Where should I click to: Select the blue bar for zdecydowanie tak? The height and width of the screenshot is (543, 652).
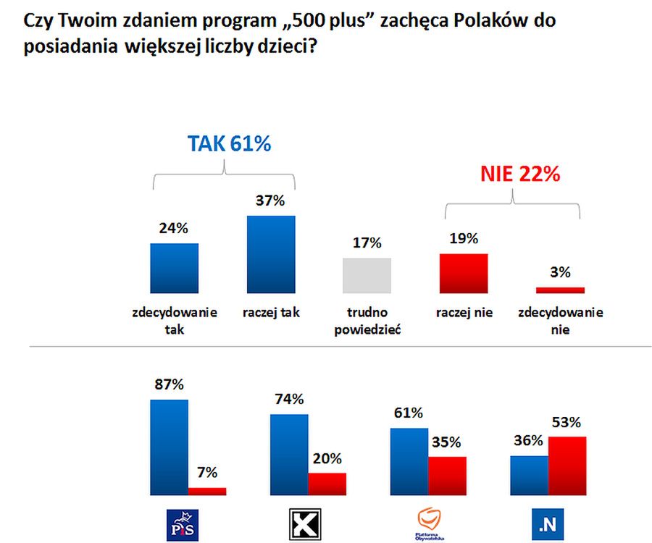[174, 268]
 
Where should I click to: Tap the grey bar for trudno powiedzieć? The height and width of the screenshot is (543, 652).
[367, 275]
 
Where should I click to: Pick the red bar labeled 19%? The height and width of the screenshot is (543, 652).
[464, 273]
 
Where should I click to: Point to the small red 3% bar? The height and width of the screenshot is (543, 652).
[560, 290]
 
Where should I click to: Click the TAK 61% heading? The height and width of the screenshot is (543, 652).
[230, 143]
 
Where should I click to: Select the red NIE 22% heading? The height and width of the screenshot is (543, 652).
[519, 174]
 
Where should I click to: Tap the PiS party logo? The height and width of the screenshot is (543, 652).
[182, 523]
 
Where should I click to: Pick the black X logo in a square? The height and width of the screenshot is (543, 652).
[304, 523]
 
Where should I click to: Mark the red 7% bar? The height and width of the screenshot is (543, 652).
[207, 491]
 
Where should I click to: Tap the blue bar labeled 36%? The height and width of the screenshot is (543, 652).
[530, 475]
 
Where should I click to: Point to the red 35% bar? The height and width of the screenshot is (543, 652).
[447, 476]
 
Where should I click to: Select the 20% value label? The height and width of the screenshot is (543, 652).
[327, 458]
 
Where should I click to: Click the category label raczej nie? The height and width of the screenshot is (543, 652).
[464, 313]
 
